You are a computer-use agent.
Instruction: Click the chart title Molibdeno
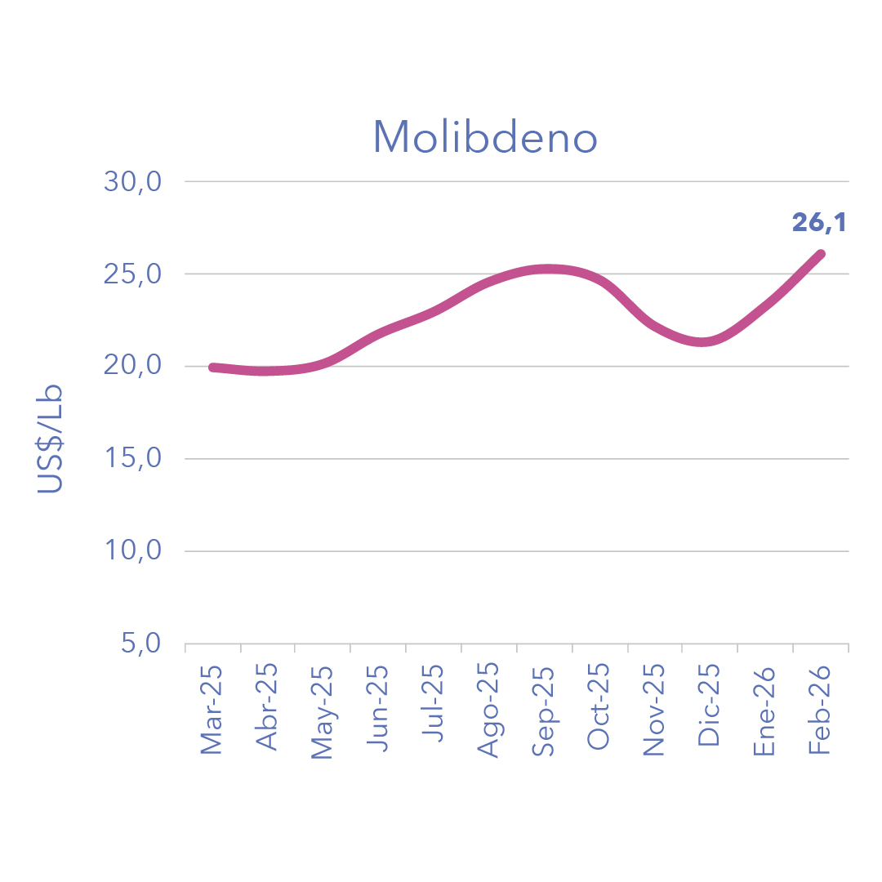coord(485,138)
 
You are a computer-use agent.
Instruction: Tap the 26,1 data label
coord(819,222)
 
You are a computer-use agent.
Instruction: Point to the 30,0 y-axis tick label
coord(134,181)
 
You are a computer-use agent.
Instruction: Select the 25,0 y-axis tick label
coord(134,274)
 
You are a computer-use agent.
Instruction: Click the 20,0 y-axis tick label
coord(134,366)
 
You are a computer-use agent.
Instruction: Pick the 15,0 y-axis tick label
coord(134,458)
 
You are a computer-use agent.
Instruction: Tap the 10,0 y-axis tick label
coord(134,550)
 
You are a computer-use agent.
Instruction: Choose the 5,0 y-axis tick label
coord(140,644)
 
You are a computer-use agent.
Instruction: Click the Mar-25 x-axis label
coord(212,709)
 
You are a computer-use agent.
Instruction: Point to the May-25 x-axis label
coord(323,712)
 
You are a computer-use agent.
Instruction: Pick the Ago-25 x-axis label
coord(488,710)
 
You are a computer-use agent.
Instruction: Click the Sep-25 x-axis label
coord(544,710)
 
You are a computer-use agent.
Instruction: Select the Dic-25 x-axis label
coord(710,707)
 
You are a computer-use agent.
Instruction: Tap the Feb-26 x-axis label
coord(820,709)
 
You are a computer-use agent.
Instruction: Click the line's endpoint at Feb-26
coord(821,254)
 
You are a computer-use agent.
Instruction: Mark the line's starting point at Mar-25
coord(212,367)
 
